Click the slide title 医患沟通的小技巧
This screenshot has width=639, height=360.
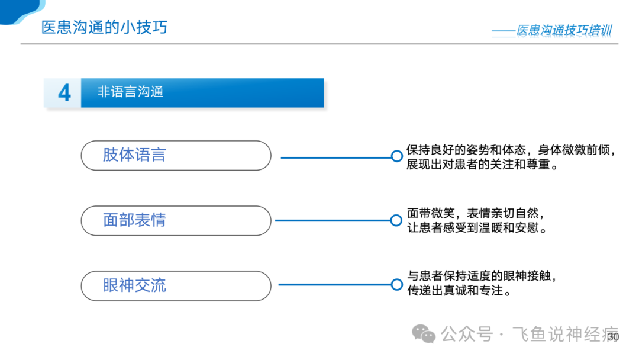(104, 27)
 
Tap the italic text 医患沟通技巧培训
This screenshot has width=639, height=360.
(564, 30)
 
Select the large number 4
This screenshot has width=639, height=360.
(64, 92)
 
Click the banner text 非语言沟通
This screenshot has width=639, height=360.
(130, 92)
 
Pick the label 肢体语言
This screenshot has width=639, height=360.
(134, 155)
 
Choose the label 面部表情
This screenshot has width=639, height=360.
(134, 220)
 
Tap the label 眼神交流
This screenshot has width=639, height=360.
(134, 285)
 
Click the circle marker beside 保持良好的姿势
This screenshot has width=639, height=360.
(397, 156)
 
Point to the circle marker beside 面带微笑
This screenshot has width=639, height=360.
(396, 221)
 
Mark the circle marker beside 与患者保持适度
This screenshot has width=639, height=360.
(397, 285)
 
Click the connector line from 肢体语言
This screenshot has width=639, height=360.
(336, 157)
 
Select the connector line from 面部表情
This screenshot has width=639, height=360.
(333, 221)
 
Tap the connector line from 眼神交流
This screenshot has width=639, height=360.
(335, 285)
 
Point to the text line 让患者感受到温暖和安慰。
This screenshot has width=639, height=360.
(477, 228)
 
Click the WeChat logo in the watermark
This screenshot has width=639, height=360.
(424, 335)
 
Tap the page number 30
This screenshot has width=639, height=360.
(613, 337)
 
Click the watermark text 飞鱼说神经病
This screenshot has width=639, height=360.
(565, 335)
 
